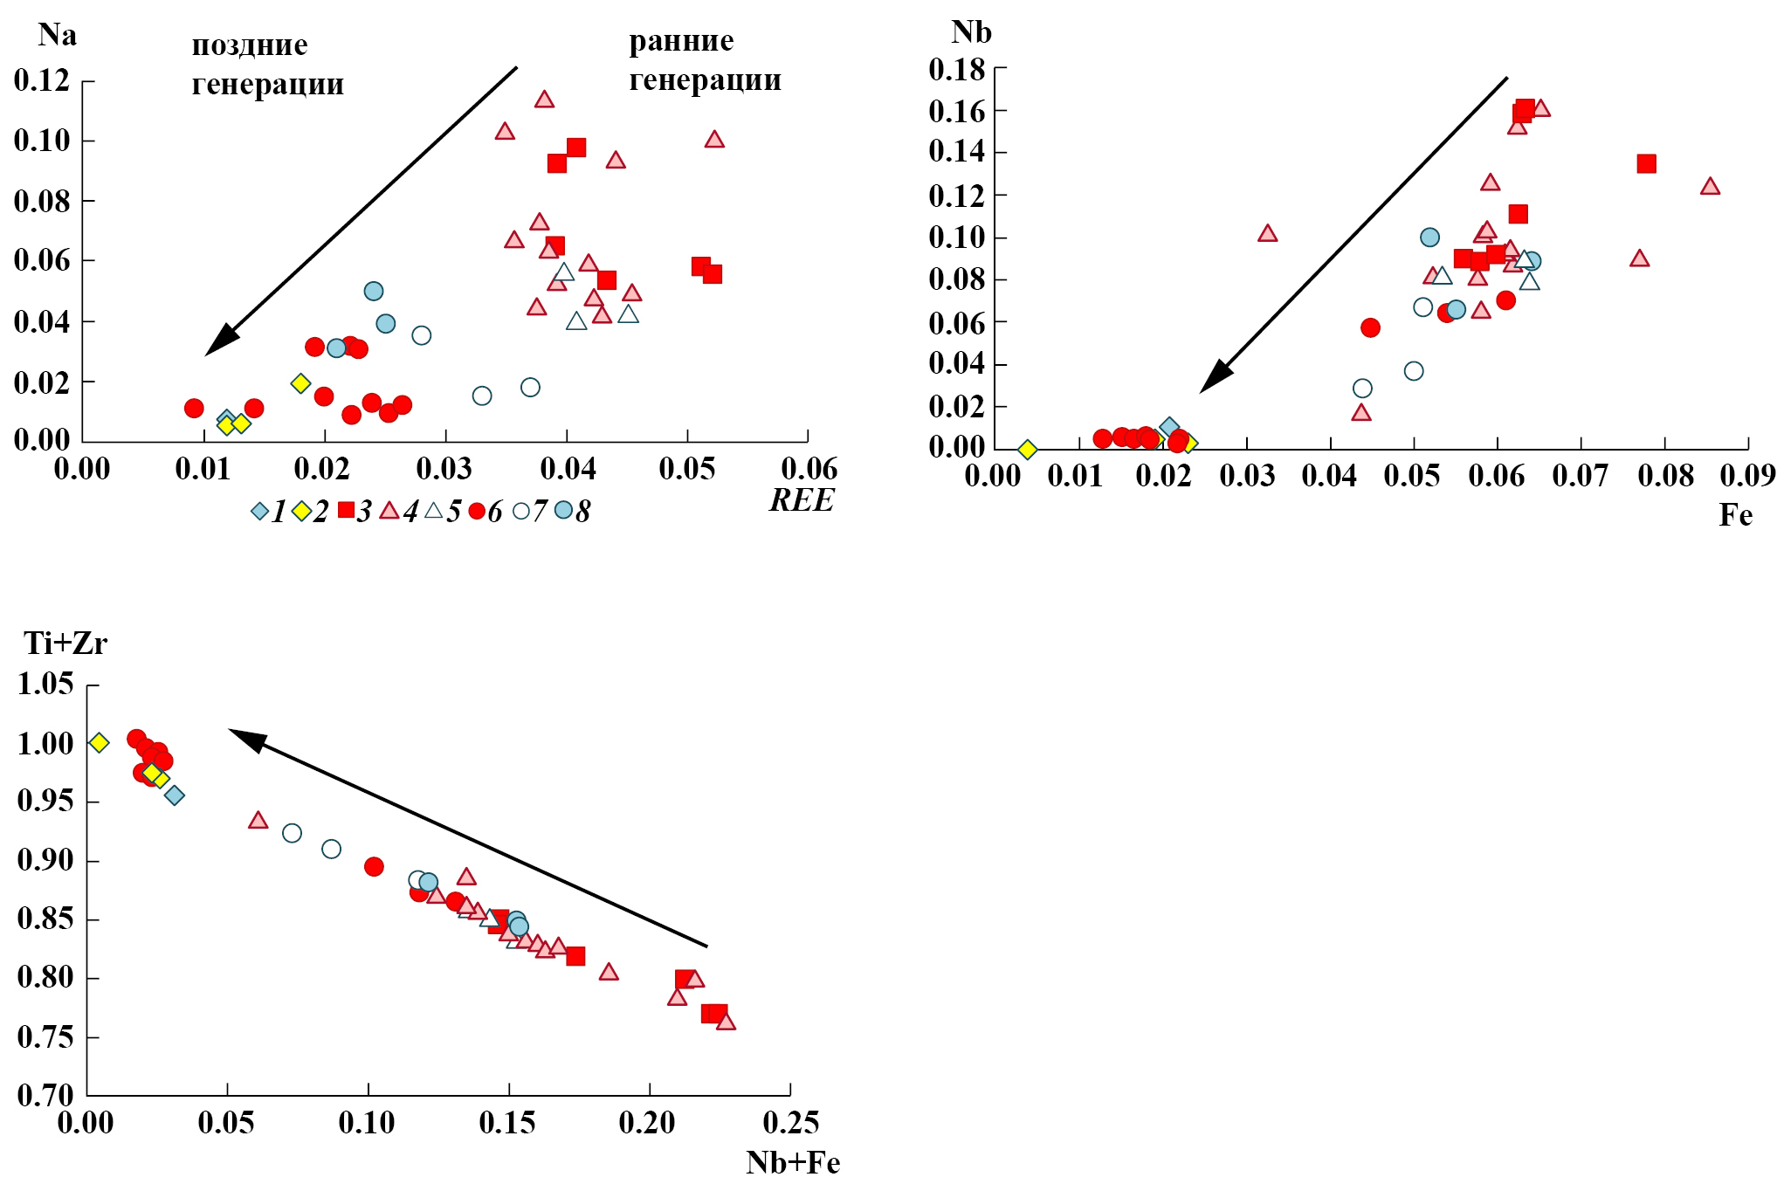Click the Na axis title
[x=58, y=35]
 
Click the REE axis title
[x=802, y=500]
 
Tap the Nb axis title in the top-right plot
[x=971, y=32]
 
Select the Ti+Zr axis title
[x=65, y=644]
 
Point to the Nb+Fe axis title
[x=793, y=1162]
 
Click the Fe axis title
[x=1735, y=515]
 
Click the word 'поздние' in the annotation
[x=250, y=45]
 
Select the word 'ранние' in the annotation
[x=681, y=40]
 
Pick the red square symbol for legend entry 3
[x=346, y=511]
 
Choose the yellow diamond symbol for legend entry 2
[x=301, y=511]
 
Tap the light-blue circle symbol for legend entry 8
[x=563, y=510]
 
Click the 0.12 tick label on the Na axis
[x=42, y=80]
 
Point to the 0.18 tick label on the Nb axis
[x=957, y=69]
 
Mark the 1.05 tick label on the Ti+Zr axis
[x=45, y=684]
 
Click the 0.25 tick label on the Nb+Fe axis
[x=791, y=1123]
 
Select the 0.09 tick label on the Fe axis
[x=1747, y=476]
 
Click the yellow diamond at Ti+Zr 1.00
[x=100, y=742]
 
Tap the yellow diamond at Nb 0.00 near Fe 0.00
[x=1028, y=450]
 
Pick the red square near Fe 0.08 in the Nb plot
[x=1646, y=163]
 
